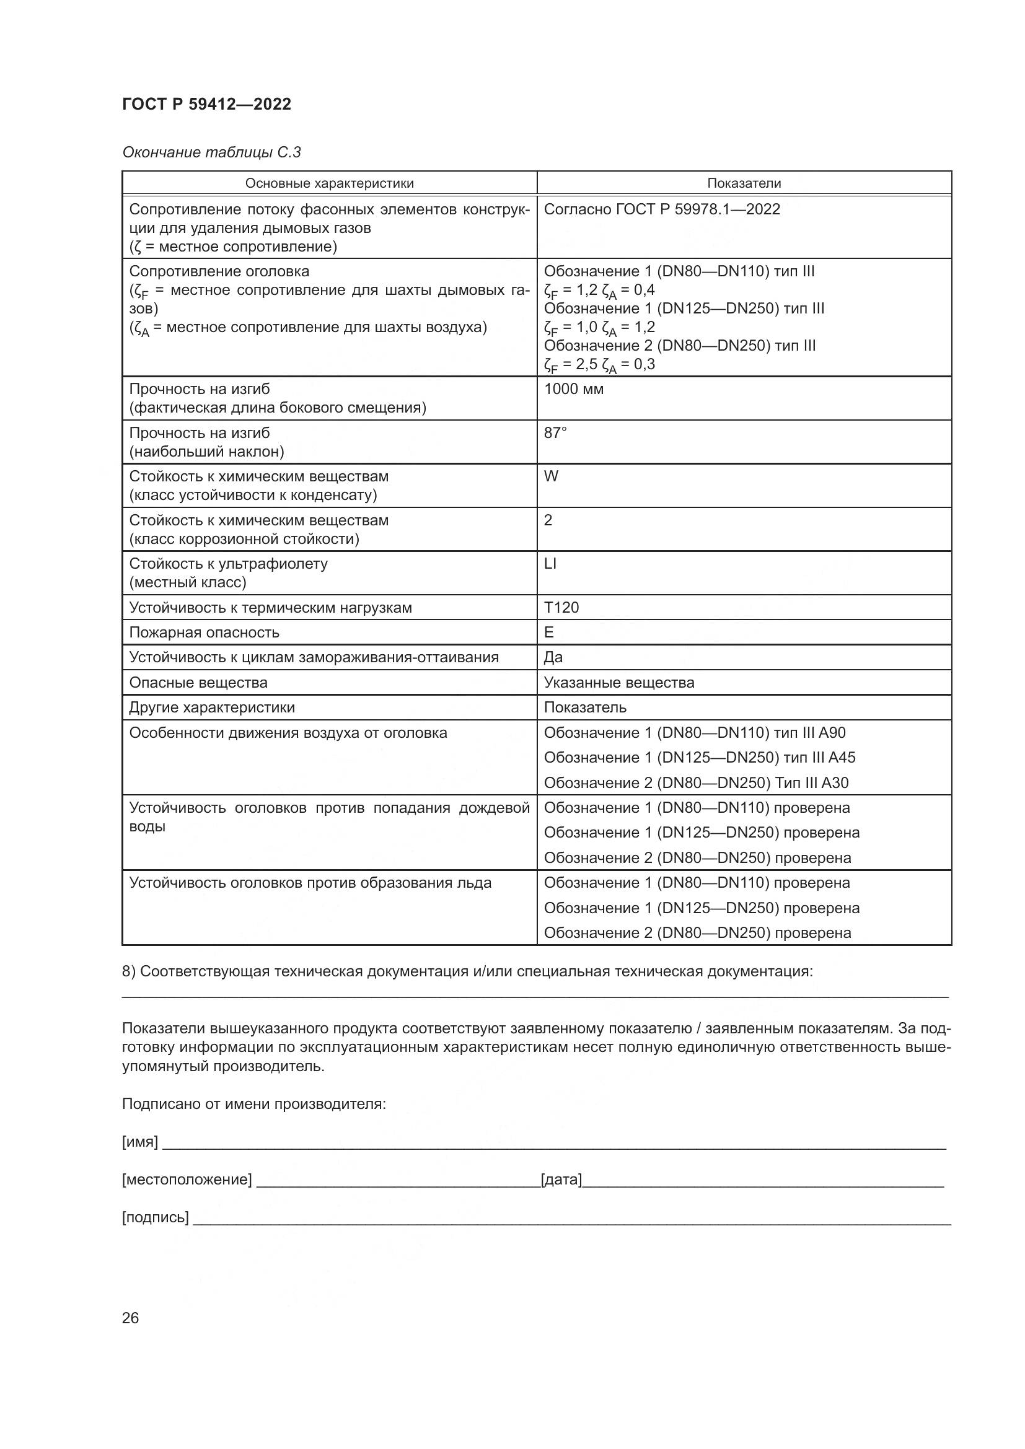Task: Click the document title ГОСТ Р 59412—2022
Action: click(206, 104)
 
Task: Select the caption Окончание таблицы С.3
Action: click(211, 152)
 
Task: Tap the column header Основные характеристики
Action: click(329, 183)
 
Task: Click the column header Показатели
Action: click(744, 183)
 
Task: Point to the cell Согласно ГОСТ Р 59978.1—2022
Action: click(661, 209)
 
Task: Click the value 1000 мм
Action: click(573, 390)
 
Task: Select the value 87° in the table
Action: click(555, 433)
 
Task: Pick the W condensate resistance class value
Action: click(551, 476)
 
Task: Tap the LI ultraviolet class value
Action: click(550, 564)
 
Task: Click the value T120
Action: click(561, 608)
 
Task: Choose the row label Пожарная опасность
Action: click(204, 633)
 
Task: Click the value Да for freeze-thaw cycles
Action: click(553, 658)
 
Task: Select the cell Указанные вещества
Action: click(618, 683)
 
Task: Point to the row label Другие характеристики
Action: click(211, 707)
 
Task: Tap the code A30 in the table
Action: click(834, 783)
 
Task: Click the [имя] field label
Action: click(139, 1142)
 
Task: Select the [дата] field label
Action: click(561, 1180)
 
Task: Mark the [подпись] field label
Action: click(155, 1217)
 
